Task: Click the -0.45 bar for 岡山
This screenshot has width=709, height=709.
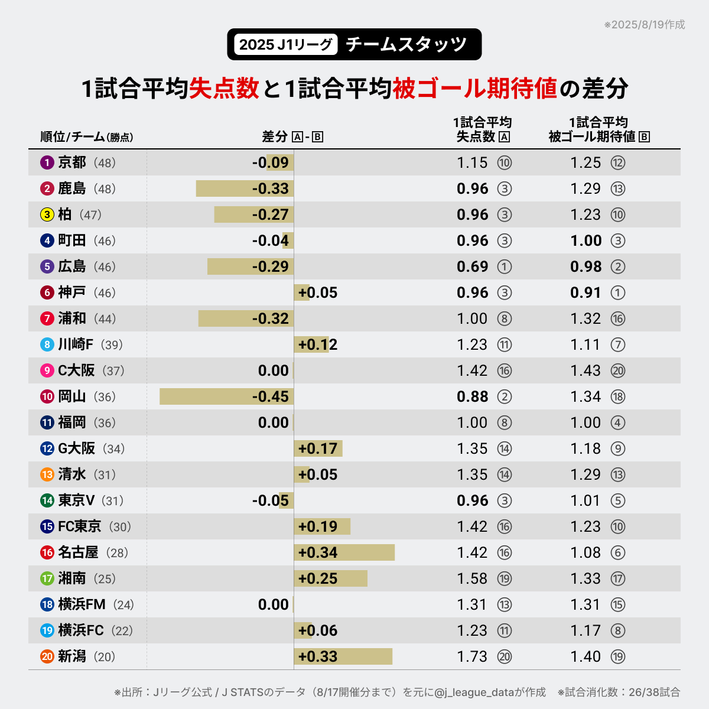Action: (226, 396)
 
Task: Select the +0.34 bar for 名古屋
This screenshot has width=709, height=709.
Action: (344, 552)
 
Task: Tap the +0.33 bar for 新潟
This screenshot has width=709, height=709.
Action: (343, 656)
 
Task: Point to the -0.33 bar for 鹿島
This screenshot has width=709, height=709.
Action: (245, 188)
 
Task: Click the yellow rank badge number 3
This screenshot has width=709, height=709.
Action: (47, 214)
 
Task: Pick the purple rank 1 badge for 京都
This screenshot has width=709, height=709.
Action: (47, 162)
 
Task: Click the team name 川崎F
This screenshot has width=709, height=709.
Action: (76, 344)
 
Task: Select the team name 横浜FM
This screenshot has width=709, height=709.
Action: (82, 604)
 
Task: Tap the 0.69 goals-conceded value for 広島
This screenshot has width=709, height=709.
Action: (472, 266)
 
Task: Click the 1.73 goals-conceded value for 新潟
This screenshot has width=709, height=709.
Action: (472, 656)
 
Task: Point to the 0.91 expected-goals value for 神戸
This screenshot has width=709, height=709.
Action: (586, 292)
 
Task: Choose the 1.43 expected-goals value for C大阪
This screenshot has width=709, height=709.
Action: (586, 370)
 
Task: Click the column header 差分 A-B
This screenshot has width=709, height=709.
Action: (292, 137)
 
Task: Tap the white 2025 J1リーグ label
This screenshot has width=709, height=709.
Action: (286, 44)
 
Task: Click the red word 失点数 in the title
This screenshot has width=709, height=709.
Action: (225, 89)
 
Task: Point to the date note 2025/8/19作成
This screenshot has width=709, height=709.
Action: (645, 25)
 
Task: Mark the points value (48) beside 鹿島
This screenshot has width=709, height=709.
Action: (105, 189)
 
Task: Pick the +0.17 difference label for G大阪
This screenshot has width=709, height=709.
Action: (318, 448)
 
